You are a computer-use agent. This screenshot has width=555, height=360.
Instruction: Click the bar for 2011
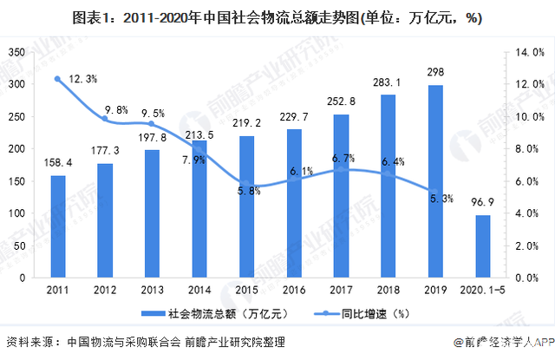57,227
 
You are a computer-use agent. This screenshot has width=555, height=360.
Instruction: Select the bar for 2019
435,182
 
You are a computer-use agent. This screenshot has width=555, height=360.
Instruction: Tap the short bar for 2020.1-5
483,247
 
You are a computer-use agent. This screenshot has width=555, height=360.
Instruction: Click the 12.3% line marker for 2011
57,79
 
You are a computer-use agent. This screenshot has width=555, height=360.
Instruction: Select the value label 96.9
483,205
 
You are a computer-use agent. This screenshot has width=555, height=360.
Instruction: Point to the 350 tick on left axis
17,53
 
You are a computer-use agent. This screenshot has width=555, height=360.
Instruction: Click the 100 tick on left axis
17,214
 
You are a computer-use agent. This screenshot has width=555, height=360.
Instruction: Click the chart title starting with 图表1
277,16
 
